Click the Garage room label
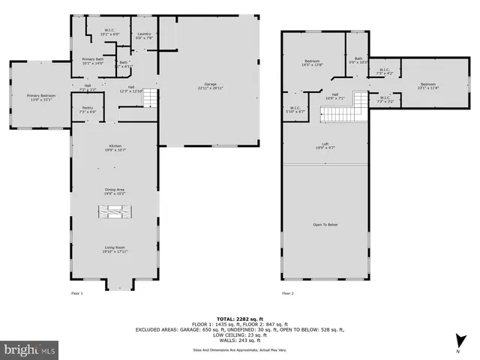coord(210,86)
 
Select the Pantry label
coord(87,109)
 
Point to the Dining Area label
coord(115,192)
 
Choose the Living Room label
coord(115,248)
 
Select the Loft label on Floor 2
coord(325,145)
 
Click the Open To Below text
coord(325,223)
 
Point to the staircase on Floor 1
coord(151,97)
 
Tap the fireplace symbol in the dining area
coord(115,212)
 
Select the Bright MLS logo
coord(29,349)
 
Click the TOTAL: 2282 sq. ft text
coord(240,317)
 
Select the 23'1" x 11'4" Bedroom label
coord(427,85)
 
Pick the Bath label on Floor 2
coord(358,60)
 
